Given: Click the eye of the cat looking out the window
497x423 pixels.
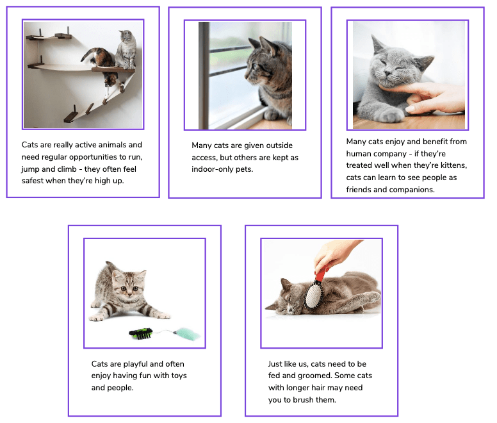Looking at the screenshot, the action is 255,67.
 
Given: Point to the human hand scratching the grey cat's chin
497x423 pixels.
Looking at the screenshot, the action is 431,97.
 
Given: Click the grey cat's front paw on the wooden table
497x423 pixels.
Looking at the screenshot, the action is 391,115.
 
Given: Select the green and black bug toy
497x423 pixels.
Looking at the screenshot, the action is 141,333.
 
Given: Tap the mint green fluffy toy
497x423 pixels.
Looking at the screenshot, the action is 187,335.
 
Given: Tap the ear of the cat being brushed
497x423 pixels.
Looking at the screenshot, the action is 286,283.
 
